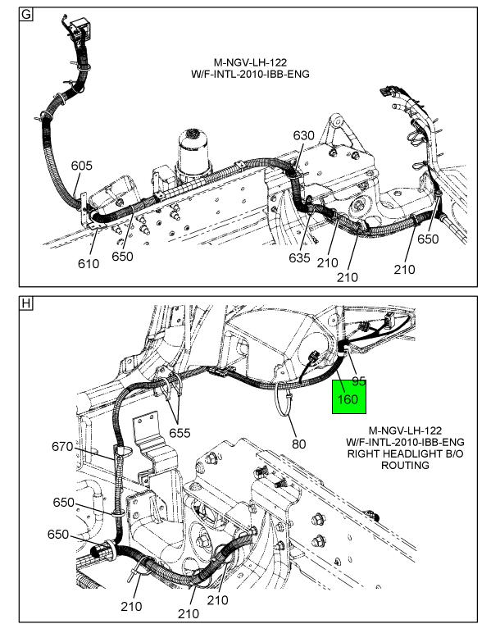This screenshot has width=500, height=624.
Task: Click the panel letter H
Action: [25, 303]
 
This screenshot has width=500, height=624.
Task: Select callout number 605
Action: [81, 166]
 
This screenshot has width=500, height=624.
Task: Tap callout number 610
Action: [89, 263]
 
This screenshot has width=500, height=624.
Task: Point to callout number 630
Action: [304, 135]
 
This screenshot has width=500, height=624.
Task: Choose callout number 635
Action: [300, 258]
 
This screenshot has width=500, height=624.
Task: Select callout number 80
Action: [298, 444]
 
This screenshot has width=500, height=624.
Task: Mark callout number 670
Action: [62, 447]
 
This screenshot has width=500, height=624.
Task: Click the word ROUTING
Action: [405, 465]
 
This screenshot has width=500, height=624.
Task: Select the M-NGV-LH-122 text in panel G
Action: [249, 62]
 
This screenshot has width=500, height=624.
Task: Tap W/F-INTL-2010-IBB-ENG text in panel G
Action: [249, 75]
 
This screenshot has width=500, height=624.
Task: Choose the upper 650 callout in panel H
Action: [64, 503]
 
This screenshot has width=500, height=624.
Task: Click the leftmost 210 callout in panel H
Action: [131, 606]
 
